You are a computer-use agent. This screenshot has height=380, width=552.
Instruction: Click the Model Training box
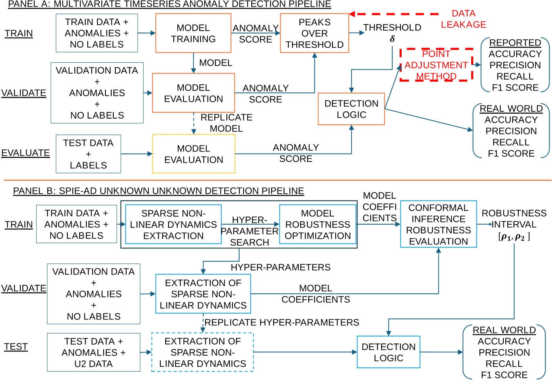pos(193,33)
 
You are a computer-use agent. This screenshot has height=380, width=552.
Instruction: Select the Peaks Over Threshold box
pos(314,33)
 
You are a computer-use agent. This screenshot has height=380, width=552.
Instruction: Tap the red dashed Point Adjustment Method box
pos(436,65)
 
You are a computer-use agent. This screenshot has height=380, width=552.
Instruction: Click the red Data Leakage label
pos(463,19)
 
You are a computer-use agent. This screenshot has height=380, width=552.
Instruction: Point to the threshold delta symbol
pos(392,39)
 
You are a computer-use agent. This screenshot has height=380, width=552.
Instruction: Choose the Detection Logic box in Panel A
pos(351,109)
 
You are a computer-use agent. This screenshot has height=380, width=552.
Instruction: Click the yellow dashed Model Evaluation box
pos(193,154)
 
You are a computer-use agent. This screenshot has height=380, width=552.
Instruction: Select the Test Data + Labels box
pos(88,154)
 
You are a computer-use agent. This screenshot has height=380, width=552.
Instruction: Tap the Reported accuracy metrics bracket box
pos(515,65)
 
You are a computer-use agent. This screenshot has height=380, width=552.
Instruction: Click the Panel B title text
pos(158,191)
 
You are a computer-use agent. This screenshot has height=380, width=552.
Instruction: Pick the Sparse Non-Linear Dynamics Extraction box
pos(173,225)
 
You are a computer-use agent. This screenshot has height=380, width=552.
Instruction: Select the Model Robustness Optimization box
pos(318,225)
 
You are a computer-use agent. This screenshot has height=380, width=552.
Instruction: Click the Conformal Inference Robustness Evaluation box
pos(438,224)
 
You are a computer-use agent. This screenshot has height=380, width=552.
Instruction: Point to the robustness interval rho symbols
pos(514,237)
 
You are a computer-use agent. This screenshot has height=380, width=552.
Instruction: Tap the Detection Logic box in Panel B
pos(388,352)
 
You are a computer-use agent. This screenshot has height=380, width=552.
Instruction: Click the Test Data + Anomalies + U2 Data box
pos(93,352)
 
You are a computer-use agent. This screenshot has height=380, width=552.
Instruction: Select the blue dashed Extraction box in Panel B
pos(202,352)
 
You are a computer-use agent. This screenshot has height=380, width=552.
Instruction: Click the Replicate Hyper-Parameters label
pos(281,322)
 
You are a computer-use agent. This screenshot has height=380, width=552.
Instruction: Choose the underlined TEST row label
pos(16,347)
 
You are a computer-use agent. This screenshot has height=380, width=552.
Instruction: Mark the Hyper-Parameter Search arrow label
pos(249,231)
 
